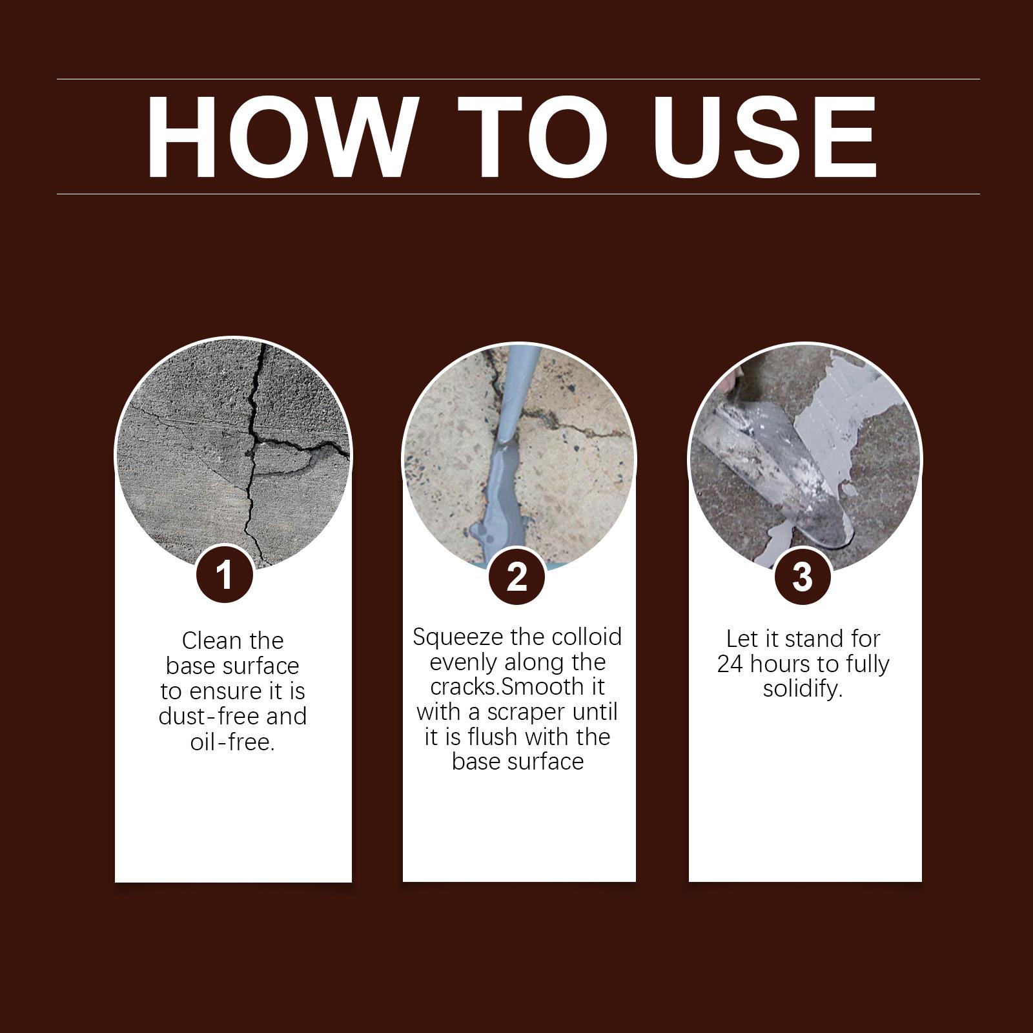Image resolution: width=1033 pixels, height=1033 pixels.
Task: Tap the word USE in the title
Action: (x=765, y=137)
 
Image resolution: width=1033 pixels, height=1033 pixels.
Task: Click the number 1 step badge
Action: (x=224, y=575)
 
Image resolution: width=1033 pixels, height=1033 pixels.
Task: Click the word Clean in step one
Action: (x=211, y=640)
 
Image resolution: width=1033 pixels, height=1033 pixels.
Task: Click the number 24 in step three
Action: (x=730, y=664)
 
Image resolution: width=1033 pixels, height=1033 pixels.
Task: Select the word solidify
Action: (x=803, y=689)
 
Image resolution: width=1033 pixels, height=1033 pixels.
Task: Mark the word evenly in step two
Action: (x=464, y=662)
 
